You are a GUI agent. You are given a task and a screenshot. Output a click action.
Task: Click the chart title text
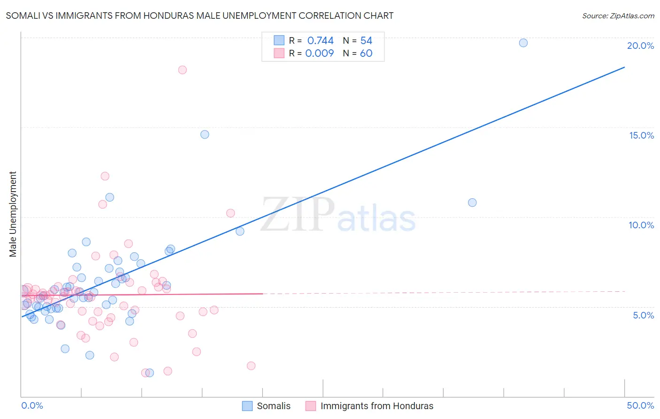200,16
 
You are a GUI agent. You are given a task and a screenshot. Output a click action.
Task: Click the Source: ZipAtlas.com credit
618,16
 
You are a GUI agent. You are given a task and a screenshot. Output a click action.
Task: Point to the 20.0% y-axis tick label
640,46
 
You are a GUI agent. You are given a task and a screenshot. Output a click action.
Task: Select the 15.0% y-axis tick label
641,135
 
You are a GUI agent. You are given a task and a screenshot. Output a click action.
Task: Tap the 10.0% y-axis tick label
641,225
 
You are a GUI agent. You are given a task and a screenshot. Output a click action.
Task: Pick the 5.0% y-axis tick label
643,315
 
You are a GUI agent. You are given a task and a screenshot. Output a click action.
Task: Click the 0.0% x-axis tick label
32,405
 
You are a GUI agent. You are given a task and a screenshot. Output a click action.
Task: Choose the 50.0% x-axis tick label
640,405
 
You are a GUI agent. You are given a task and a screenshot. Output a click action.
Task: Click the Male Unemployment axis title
13,214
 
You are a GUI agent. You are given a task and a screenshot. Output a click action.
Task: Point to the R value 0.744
320,40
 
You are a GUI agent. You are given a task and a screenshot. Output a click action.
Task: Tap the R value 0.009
319,53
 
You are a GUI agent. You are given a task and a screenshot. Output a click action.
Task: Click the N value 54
366,40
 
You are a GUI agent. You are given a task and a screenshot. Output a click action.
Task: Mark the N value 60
366,53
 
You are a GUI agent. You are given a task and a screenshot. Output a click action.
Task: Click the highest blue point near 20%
523,43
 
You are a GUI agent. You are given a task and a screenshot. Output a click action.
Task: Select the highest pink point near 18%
183,70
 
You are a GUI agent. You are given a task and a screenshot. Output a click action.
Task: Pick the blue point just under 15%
205,134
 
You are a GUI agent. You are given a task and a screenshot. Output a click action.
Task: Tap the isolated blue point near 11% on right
472,202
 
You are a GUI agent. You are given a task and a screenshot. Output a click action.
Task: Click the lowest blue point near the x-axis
150,373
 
